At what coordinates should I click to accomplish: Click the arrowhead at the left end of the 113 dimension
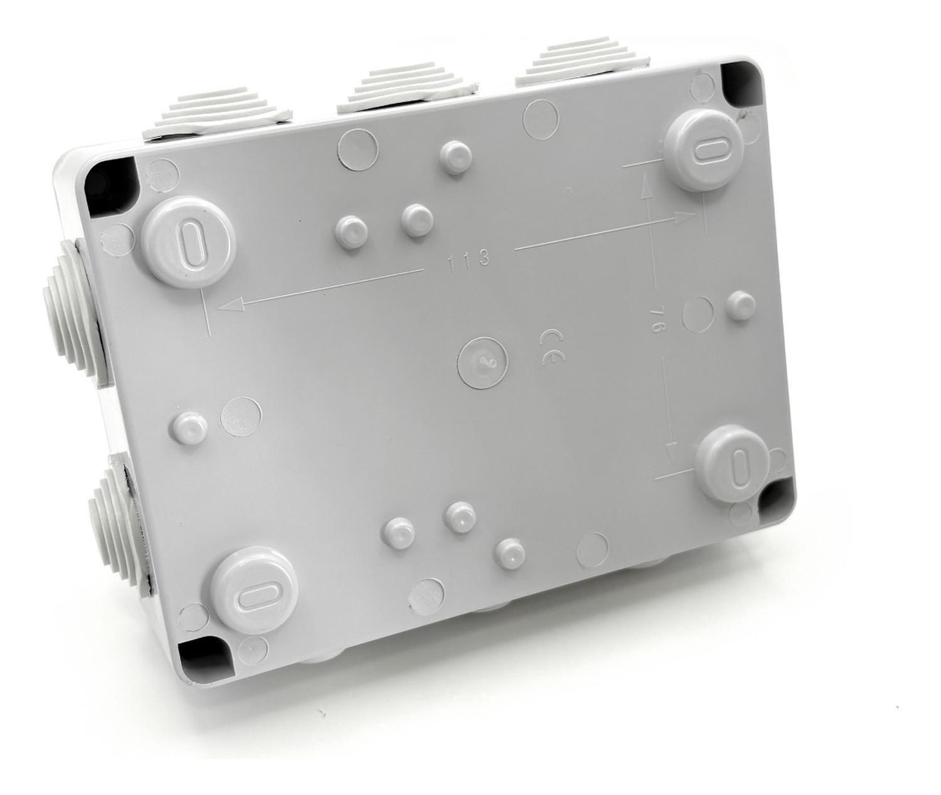[x=230, y=305]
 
